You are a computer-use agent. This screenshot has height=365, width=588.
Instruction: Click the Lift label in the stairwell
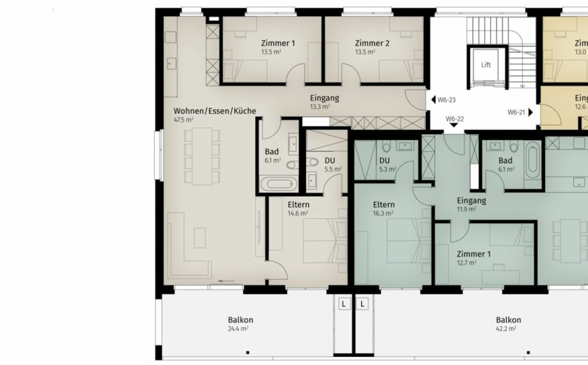coord(486,65)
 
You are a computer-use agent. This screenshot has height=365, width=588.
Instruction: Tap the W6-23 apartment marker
coord(444,99)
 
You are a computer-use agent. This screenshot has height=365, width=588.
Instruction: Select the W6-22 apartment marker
coord(455,119)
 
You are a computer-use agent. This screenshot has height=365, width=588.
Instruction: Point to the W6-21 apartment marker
coord(519,111)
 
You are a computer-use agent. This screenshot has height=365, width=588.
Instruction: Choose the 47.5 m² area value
coord(183,119)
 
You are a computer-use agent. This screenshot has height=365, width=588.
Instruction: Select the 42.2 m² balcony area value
coord(508,328)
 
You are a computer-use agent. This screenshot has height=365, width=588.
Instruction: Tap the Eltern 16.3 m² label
coord(383,205)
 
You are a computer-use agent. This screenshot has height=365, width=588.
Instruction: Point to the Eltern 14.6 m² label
coord(298,205)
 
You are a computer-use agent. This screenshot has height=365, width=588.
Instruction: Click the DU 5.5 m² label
coord(330,160)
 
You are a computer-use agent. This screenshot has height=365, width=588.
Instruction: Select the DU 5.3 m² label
coord(385,160)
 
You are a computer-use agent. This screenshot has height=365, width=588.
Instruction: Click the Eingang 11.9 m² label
coord(471,200)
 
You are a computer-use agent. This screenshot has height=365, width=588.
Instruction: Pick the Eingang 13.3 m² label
coord(325,98)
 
